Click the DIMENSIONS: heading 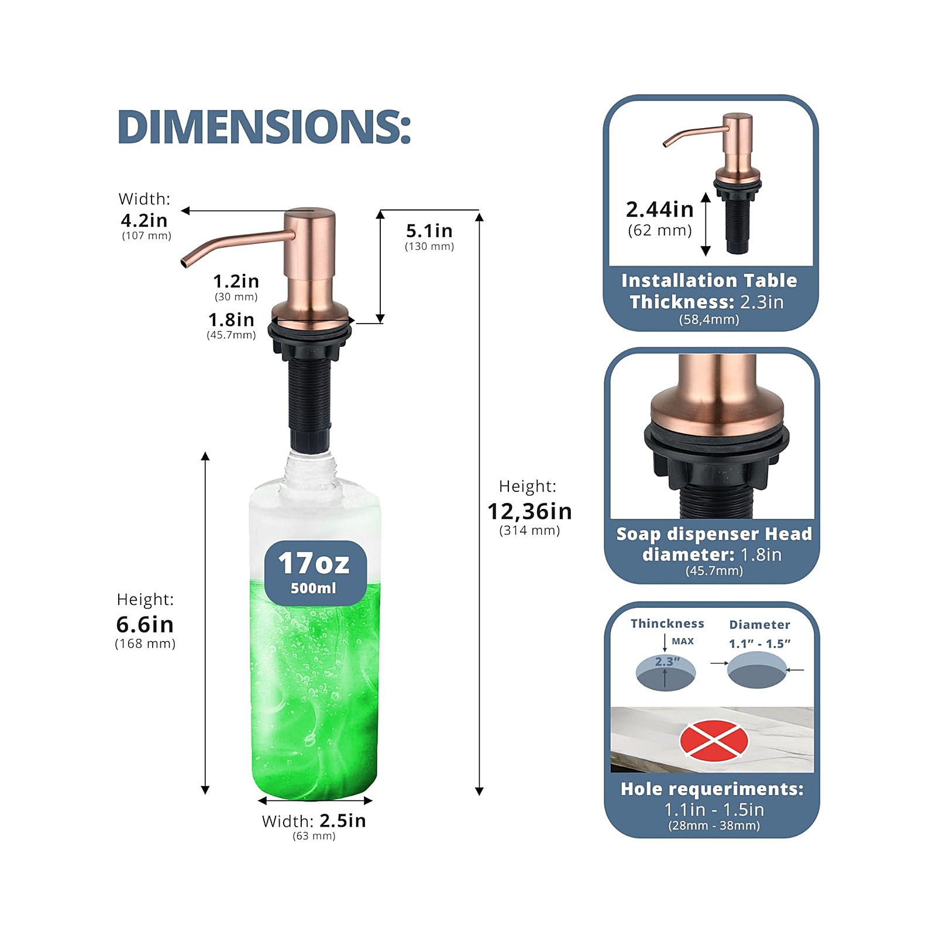coord(264,126)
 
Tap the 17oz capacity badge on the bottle coord(315,573)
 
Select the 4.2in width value coord(144,221)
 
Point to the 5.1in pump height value coord(429,230)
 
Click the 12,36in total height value coord(530,511)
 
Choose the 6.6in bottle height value coord(145,624)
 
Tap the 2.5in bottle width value coord(343,820)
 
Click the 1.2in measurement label coord(236,281)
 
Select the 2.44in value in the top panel coord(660,209)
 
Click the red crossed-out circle coord(714,740)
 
